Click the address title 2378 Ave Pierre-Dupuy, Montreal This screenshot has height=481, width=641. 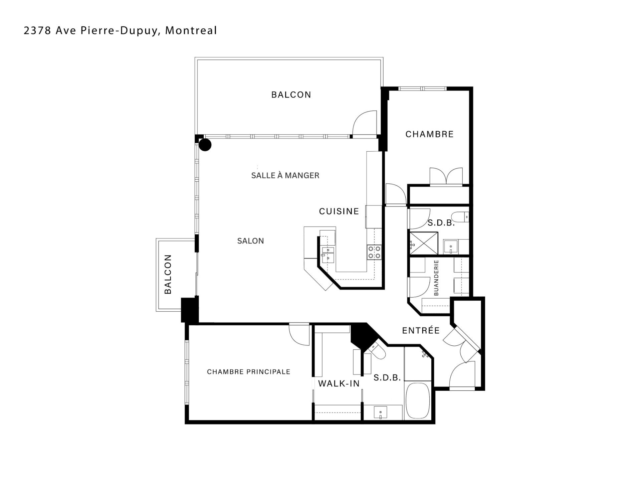coord(120,31)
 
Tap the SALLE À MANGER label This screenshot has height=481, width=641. coord(285,175)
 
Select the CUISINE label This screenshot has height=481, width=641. coord(339,211)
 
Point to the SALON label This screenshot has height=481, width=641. coord(250,241)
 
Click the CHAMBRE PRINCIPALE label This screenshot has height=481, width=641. coord(248,372)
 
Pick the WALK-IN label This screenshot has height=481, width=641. coord(339,383)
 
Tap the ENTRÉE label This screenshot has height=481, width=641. coord(421,331)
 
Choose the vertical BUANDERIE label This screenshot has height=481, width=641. coord(436,278)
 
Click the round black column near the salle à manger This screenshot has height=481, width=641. coord(205,145)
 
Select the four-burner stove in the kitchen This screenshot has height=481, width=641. coord(374,252)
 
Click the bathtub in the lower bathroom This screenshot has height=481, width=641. coord(417,401)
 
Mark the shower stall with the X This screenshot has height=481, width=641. coord(423,243)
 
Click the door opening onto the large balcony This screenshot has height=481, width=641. coord(365,124)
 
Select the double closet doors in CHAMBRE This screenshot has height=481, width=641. coord(446,176)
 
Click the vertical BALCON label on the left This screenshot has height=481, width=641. coord(168,274)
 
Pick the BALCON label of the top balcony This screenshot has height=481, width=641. coord(291,95)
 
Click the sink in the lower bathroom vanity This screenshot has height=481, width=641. coord(380,413)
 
